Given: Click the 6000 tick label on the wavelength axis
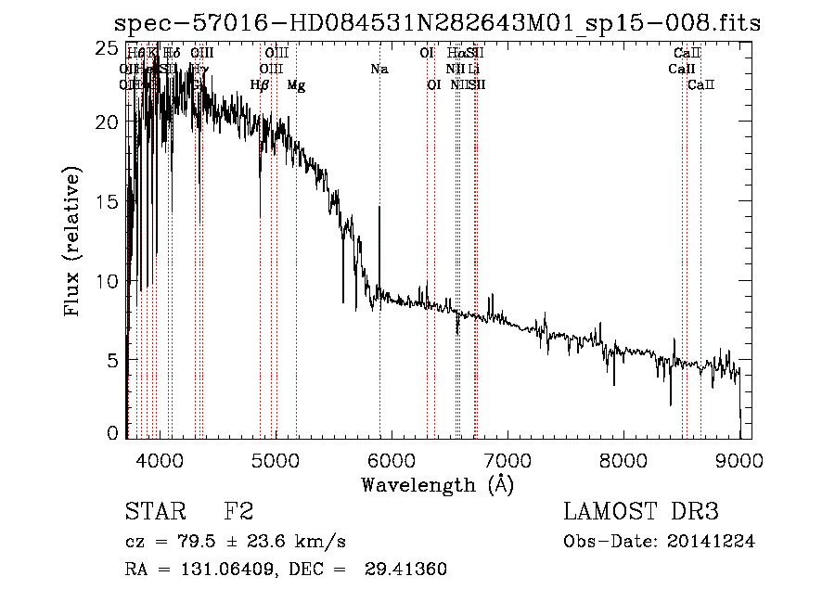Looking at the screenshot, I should click(391, 461).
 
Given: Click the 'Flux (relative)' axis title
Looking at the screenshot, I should click(73, 241).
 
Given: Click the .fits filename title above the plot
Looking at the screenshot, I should click(437, 23).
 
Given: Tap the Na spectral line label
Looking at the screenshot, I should click(379, 69).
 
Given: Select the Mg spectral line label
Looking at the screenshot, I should click(296, 85).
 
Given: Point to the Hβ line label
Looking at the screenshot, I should click(260, 85).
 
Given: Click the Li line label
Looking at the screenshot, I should click(474, 69).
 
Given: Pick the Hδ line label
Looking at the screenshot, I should click(172, 53).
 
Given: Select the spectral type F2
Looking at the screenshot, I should click(238, 512).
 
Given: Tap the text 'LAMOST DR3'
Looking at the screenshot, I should click(641, 512).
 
